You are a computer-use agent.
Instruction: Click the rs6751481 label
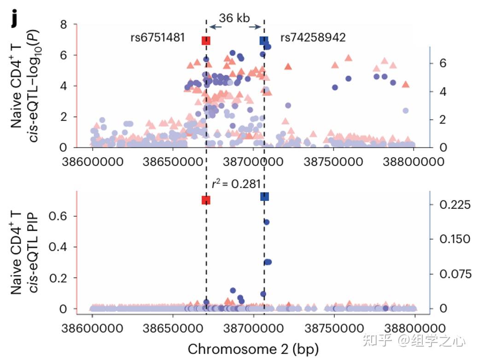click(157, 38)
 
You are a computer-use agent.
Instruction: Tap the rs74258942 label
click(313, 38)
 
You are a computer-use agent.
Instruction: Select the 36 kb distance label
click(234, 18)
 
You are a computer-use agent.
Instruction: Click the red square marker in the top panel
click(206, 41)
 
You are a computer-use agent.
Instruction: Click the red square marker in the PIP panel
click(206, 200)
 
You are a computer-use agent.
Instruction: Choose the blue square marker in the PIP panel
click(264, 197)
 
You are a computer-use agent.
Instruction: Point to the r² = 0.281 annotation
click(233, 184)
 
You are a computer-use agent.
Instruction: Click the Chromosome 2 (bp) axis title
click(253, 348)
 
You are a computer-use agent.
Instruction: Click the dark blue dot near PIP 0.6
click(266, 222)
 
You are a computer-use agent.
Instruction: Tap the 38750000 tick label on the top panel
click(334, 163)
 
